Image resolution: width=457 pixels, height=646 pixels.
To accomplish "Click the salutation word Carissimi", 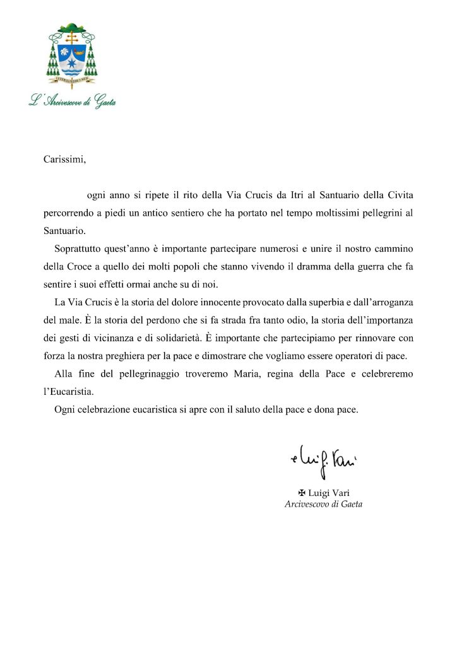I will click(64, 160).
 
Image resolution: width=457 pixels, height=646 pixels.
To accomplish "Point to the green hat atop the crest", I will click(72, 27).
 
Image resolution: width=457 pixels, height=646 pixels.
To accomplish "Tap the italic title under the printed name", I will click(324, 504).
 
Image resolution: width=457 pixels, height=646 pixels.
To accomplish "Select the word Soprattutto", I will click(79, 249).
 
